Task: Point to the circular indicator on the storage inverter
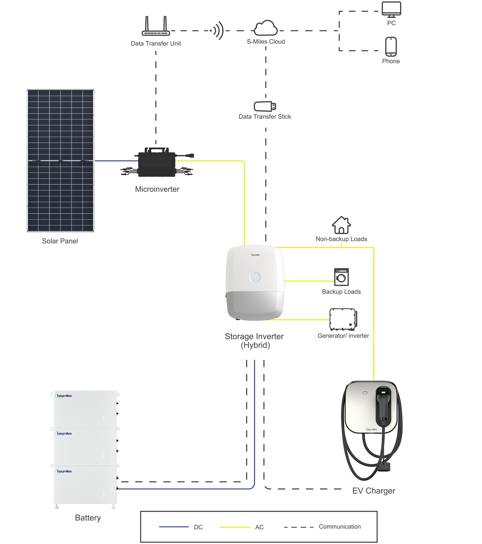pyautogui.click(x=255, y=277)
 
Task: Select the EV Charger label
pyautogui.click(x=374, y=491)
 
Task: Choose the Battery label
pyautogui.click(x=88, y=518)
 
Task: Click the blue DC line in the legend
pyautogui.click(x=174, y=527)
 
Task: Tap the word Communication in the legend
pyautogui.click(x=340, y=526)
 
